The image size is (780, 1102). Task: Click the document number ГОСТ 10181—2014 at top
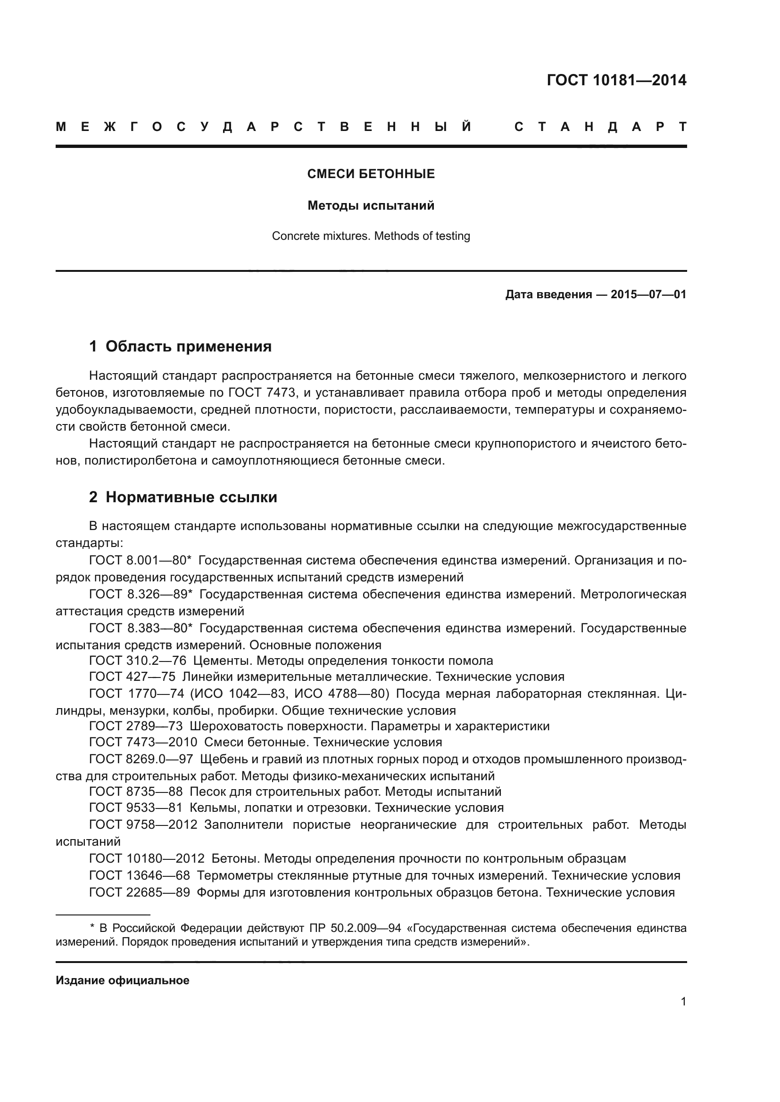pos(616,80)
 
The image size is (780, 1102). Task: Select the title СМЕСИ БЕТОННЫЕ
pos(371,174)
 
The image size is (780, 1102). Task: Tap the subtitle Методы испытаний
pos(371,206)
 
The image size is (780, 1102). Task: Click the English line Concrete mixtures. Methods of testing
pos(371,236)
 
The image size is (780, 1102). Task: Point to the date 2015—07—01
pos(648,294)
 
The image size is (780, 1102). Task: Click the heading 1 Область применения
pos(180,347)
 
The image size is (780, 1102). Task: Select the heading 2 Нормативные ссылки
pos(183,497)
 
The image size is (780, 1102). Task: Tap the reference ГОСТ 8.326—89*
pos(141,594)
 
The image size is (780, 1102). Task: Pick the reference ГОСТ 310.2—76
pos(137,661)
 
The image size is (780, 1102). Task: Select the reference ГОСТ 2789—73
pos(136,726)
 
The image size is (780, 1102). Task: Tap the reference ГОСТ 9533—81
pos(136,808)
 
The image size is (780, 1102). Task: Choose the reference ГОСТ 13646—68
pos(139,875)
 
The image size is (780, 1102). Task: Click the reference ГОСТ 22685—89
pos(139,892)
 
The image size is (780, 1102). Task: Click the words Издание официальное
pos(123,980)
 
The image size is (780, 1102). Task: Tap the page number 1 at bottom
pos(683,1002)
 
